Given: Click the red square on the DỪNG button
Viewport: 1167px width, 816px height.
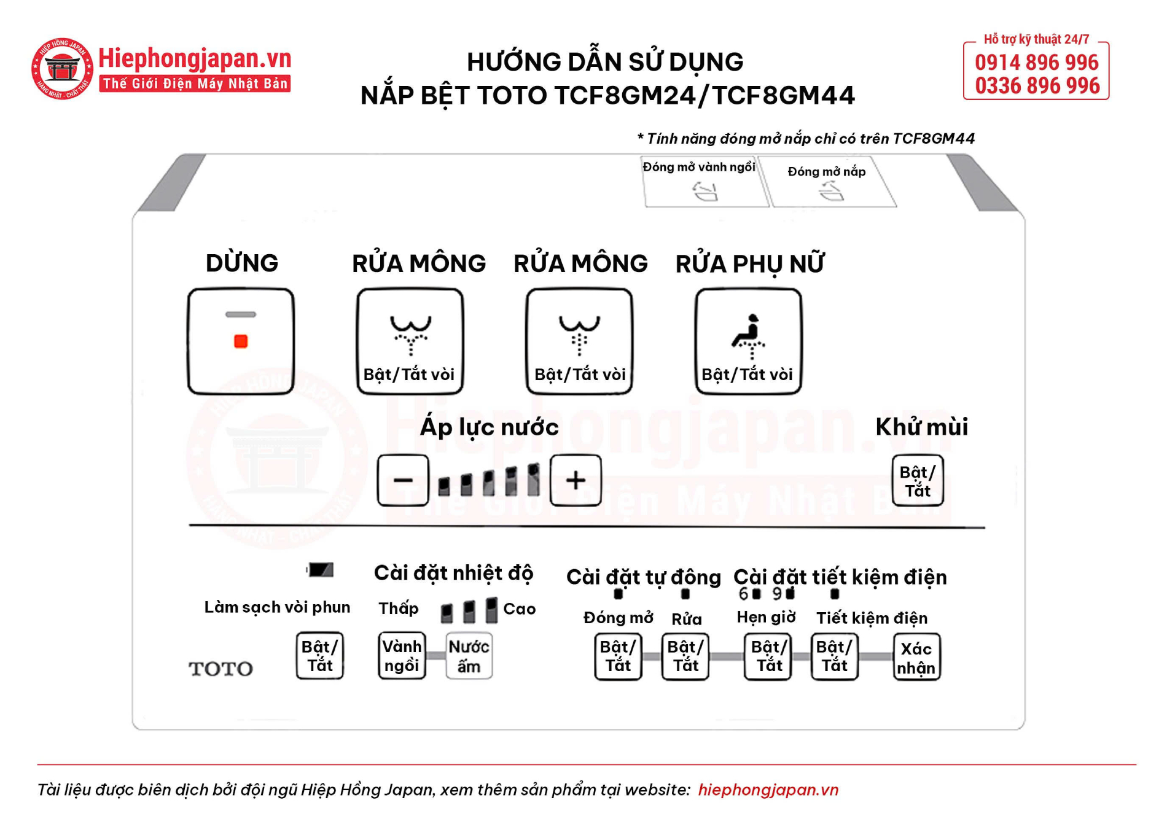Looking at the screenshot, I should (x=241, y=341).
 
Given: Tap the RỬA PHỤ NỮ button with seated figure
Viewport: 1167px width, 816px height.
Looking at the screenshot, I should (x=748, y=341).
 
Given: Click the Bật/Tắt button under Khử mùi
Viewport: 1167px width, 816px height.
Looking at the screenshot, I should (x=917, y=481).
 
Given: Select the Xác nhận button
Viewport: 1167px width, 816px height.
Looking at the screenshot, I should (x=916, y=658).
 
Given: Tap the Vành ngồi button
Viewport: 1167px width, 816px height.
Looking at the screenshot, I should (x=402, y=656).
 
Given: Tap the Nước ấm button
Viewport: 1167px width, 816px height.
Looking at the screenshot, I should (x=469, y=656).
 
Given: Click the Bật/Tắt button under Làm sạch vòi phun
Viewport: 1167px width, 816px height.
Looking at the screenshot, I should (x=319, y=656).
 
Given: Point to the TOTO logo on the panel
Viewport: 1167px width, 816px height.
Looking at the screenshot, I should (x=221, y=669).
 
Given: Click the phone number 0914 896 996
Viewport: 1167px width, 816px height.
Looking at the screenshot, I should (x=1036, y=63).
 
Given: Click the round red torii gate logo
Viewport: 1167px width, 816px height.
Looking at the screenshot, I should (x=62, y=68).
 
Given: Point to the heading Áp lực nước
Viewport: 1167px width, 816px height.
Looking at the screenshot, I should (x=489, y=427).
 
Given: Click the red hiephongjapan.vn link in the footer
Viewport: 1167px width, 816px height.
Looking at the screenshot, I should (x=768, y=790).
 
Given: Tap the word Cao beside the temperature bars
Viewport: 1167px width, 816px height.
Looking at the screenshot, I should (x=519, y=609).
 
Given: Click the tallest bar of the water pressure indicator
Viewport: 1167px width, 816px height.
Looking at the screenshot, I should (x=533, y=480).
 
